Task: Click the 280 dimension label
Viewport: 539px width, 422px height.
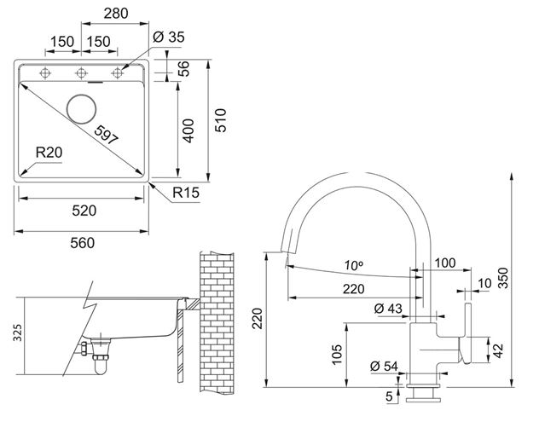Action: (116, 14)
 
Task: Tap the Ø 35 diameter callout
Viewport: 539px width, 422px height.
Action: (169, 37)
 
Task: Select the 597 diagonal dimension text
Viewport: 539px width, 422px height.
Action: (107, 135)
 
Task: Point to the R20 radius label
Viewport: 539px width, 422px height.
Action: (49, 153)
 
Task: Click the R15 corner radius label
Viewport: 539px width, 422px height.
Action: (186, 193)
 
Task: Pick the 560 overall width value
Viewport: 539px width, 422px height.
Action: (83, 243)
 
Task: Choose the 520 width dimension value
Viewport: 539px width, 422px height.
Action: (84, 211)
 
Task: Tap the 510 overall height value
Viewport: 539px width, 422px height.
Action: (221, 120)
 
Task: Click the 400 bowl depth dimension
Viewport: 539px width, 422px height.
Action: (188, 130)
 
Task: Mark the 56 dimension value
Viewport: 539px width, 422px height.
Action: (184, 68)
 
